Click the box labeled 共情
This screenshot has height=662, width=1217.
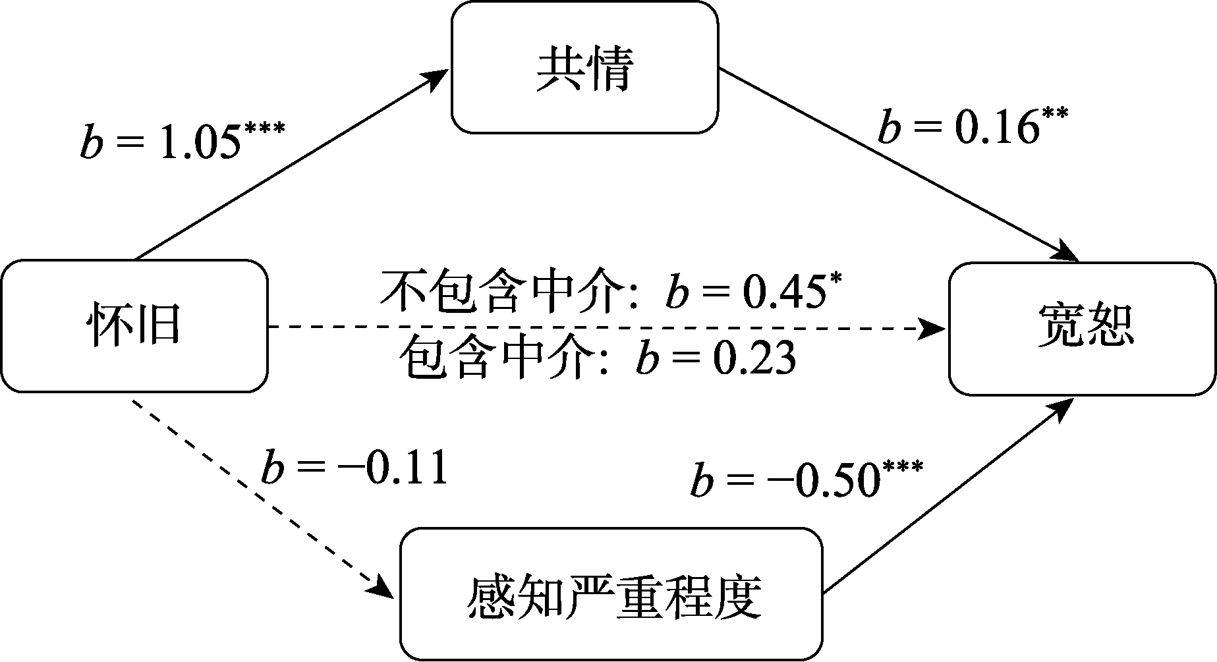tap(584, 67)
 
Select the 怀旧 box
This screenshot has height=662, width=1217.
tap(134, 326)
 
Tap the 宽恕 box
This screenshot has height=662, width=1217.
tap(1082, 328)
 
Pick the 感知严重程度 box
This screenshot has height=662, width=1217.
tap(612, 594)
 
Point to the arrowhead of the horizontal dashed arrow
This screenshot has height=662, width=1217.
tap(933, 327)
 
